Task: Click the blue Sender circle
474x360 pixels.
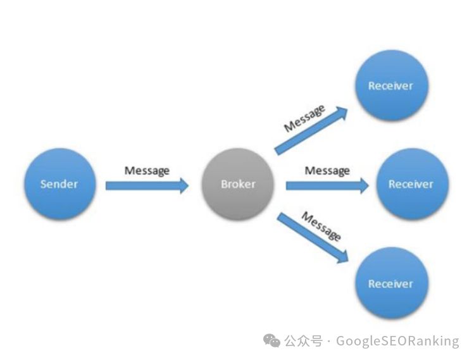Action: (59, 184)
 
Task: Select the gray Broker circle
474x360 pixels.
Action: (238, 184)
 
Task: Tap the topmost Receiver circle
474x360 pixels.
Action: (390, 85)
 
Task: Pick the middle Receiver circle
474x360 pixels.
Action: (411, 184)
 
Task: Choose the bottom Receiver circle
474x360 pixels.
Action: (390, 284)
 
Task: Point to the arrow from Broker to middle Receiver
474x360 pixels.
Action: (327, 185)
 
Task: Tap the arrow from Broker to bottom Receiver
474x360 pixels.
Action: (312, 237)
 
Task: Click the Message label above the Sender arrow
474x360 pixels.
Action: (147, 170)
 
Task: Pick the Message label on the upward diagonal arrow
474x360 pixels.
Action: (304, 118)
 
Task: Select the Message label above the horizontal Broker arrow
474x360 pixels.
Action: (327, 170)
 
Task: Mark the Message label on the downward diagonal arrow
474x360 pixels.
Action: (321, 226)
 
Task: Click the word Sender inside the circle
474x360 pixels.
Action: (59, 184)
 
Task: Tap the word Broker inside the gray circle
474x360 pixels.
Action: (238, 184)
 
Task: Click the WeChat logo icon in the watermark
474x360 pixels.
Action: (272, 341)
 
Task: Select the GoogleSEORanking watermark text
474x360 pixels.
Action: (397, 341)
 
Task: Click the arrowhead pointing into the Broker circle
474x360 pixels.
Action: (184, 185)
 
